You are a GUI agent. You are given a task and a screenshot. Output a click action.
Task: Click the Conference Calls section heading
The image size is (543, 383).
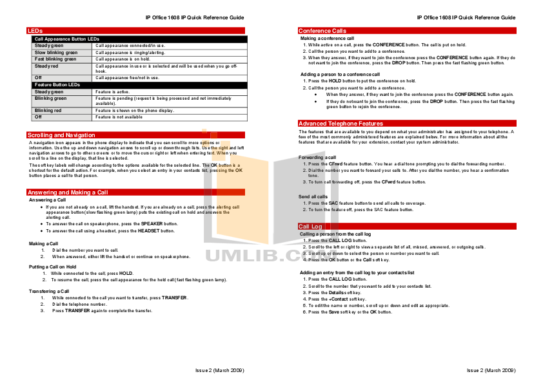pyautogui.click(x=322, y=31)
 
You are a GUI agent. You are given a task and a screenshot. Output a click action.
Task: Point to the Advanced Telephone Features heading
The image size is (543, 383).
pyautogui.click(x=341, y=124)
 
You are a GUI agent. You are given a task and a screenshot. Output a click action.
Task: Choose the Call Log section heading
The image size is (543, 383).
pyautogui.click(x=310, y=227)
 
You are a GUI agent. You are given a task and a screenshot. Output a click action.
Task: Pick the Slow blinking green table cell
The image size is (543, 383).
pyautogui.click(x=57, y=52)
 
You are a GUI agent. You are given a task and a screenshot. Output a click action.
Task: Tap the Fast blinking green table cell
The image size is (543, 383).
pyautogui.click(x=56, y=59)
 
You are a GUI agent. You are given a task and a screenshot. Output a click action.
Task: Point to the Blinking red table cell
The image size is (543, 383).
pyautogui.click(x=48, y=111)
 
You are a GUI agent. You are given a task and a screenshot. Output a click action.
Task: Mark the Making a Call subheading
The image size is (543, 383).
pyautogui.click(x=43, y=243)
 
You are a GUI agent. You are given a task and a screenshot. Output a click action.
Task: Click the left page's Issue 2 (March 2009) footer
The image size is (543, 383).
pyautogui.click(x=220, y=371)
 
